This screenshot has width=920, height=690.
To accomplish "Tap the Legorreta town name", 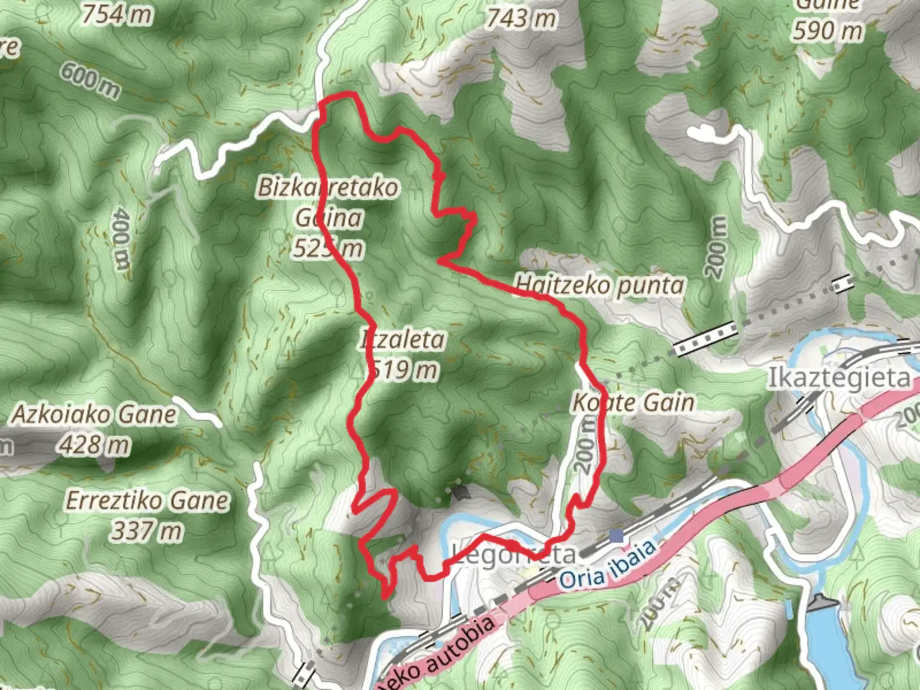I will coord(513,553).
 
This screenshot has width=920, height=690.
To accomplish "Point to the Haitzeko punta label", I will coord(599,284).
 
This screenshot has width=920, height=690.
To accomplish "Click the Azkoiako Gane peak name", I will coord(93,415).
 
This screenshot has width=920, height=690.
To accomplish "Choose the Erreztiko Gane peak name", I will coord(146,500).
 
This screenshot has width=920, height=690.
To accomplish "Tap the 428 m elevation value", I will coord(93,445).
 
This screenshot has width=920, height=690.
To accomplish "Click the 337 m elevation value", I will coord(146,530).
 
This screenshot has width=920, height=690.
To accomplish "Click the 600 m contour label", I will coord(90,80).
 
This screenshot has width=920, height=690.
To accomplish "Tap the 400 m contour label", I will coord(119,238).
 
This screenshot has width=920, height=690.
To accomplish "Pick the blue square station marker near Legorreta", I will coord(616,535).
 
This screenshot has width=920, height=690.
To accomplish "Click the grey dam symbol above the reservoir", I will coord(820,603).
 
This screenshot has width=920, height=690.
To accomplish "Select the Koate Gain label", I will coord(632,402).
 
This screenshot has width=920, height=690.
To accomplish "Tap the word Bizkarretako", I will coord(328,187).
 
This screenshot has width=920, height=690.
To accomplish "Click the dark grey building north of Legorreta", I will coord(460,492).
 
